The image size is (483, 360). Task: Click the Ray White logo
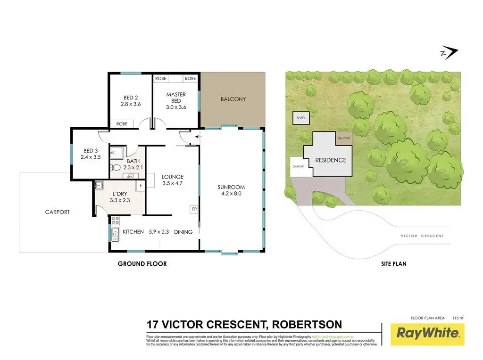pyautogui.click(x=428, y=334)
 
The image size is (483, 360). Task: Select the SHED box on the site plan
pyautogui.click(x=300, y=118)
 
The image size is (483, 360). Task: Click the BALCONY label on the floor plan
pyautogui.click(x=233, y=99)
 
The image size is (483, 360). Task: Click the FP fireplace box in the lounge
pyautogui.click(x=193, y=208)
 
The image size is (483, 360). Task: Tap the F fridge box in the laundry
pyautogui.click(x=140, y=185)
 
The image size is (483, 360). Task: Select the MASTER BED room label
pyautogui.click(x=176, y=98)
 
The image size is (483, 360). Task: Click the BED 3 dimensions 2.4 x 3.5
pyautogui.click(x=91, y=157)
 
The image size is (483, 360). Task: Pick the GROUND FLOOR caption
pyautogui.click(x=142, y=264)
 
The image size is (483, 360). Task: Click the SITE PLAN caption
pyautogui.click(x=393, y=264)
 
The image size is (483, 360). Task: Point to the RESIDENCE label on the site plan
pyautogui.click(x=331, y=160)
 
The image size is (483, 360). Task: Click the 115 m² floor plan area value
pyautogui.click(x=458, y=318)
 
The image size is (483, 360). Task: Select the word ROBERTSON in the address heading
pyautogui.click(x=303, y=325)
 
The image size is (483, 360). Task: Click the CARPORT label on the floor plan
pyautogui.click(x=57, y=212)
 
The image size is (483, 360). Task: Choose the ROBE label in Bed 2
pyautogui.click(x=122, y=123)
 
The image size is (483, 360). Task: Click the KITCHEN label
pyautogui.click(x=133, y=232)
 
